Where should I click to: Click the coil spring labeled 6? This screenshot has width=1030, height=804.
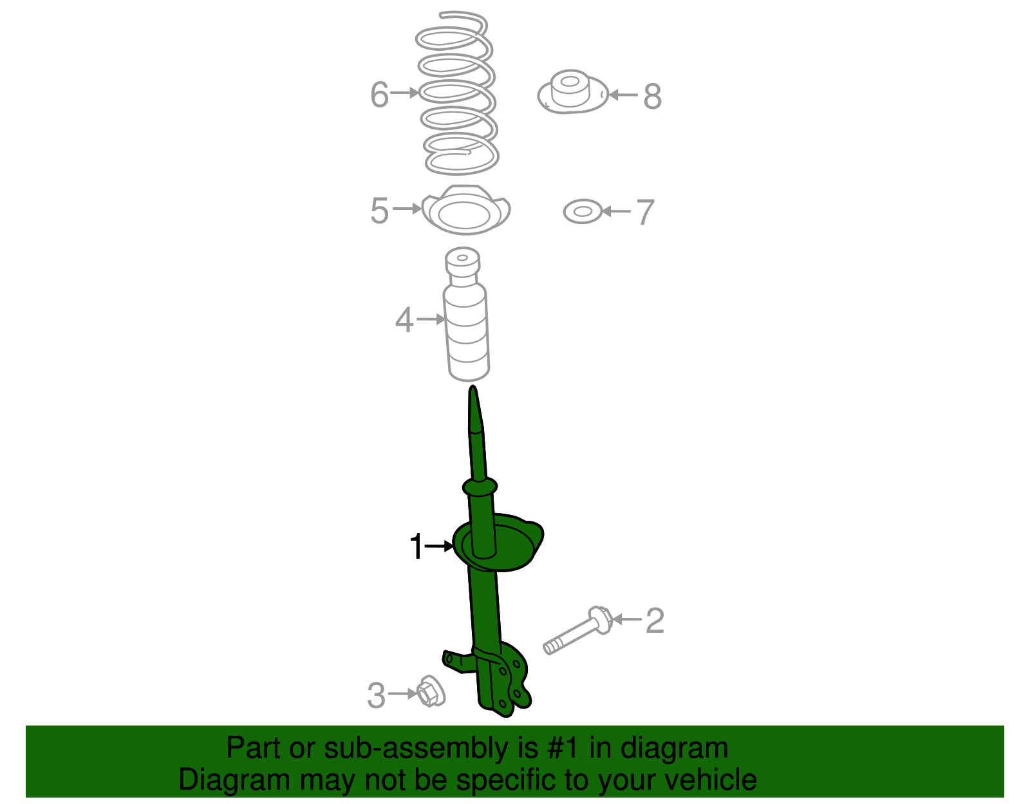pos(457,93)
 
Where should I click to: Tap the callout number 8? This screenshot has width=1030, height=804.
pos(652,97)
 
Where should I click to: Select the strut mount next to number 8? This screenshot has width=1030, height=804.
pos(572,93)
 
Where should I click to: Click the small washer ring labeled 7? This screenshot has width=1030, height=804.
pos(582,211)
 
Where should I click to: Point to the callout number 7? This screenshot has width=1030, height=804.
pos(645,212)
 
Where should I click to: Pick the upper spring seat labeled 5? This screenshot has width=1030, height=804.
pos(466,211)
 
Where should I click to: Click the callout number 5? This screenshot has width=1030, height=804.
pos(379,210)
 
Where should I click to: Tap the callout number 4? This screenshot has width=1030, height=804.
pos(404,320)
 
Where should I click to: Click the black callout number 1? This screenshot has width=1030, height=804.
pos(417,547)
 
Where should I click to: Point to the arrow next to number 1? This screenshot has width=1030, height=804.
pos(441,547)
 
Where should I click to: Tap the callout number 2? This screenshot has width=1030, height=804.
pos(654,621)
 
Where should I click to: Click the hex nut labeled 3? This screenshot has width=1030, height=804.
pos(430,692)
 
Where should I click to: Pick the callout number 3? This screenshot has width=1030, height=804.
pos(376,696)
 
